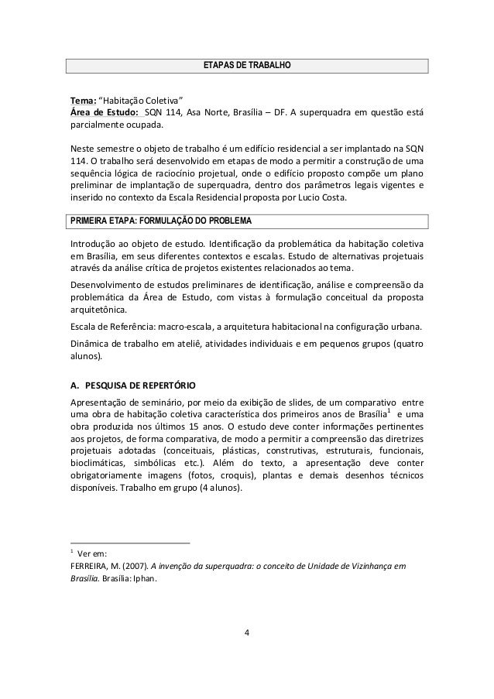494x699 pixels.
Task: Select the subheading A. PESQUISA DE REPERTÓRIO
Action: pos(132,385)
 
